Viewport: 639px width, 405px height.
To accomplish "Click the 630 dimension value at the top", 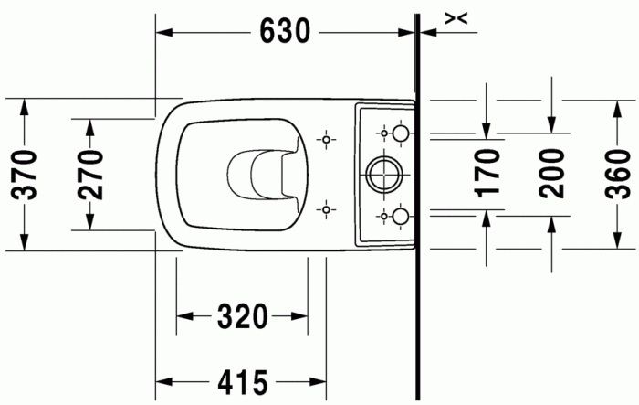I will pyautogui.click(x=286, y=31).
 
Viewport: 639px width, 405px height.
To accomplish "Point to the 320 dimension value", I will pyautogui.click(x=242, y=317).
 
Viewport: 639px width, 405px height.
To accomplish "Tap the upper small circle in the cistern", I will pyautogui.click(x=399, y=134).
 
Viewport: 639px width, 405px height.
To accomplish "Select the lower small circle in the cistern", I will pyautogui.click(x=399, y=216).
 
